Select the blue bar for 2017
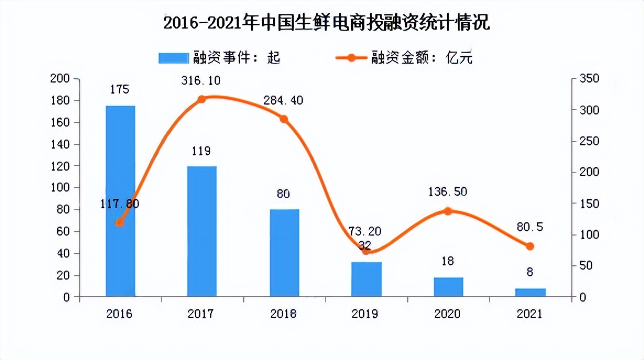pyautogui.click(x=201, y=231)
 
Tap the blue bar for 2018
pyautogui.click(x=284, y=253)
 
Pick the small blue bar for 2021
pyautogui.click(x=530, y=292)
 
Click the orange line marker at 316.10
pyautogui.click(x=201, y=99)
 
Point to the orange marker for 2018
pyautogui.click(x=284, y=119)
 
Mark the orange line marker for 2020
pyautogui.click(x=447, y=211)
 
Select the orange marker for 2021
pyautogui.click(x=530, y=246)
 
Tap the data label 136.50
pyautogui.click(x=447, y=192)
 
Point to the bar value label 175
pyautogui.click(x=119, y=90)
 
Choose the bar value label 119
pyautogui.click(x=201, y=151)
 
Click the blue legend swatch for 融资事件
pyautogui.click(x=173, y=58)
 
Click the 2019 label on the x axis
pyautogui.click(x=365, y=314)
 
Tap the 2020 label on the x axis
pyautogui.click(x=447, y=314)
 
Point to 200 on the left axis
pyautogui.click(x=59, y=79)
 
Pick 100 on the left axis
pyautogui.click(x=59, y=188)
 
